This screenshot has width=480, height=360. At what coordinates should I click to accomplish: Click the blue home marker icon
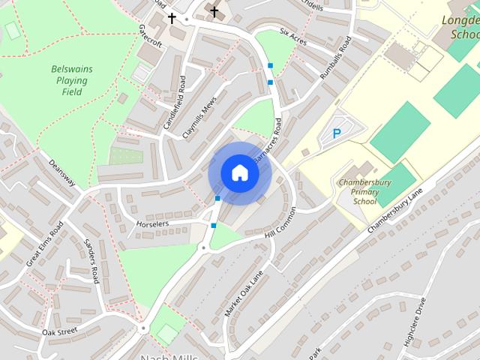tap(239, 172)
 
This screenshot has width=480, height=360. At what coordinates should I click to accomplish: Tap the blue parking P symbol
tap(337, 134)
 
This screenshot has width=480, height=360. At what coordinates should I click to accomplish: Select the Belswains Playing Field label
tap(72, 80)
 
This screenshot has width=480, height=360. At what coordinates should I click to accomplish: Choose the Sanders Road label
tap(91, 262)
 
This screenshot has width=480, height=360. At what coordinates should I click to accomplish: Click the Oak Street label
tap(60, 331)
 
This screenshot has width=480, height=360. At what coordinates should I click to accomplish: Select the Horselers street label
tap(152, 223)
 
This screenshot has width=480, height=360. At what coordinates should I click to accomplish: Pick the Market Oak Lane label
tap(244, 293)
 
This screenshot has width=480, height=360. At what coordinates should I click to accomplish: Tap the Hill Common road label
tap(281, 223)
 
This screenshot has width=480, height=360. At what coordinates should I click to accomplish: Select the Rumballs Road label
tap(335, 56)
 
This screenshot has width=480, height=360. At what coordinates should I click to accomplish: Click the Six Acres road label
tap(294, 36)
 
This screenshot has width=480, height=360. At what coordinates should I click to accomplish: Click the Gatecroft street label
tap(149, 33)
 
